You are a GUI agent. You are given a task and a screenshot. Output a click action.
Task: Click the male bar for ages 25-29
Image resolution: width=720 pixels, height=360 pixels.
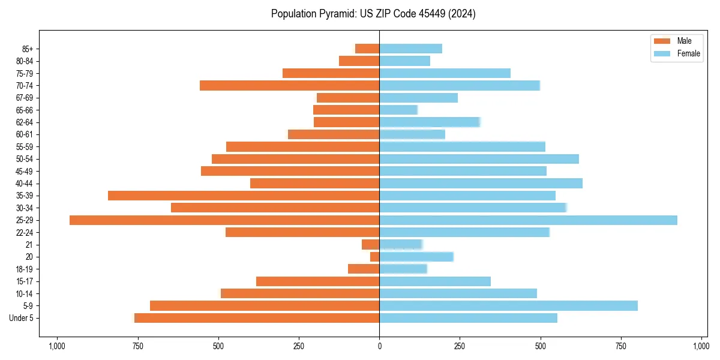(x=224, y=220)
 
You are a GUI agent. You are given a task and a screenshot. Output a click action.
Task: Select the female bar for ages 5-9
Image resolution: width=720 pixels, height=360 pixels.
(x=508, y=306)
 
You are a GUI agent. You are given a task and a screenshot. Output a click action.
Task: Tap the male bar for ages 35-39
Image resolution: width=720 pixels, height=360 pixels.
(x=244, y=196)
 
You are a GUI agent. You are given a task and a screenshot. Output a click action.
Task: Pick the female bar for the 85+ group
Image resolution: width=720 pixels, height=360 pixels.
(x=410, y=49)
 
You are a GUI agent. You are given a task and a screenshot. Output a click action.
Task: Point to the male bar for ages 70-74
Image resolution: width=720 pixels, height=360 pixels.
(x=289, y=86)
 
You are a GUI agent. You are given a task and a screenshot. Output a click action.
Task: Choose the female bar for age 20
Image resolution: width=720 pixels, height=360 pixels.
(x=416, y=257)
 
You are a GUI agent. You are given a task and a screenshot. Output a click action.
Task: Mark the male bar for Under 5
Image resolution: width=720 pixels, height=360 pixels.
(x=257, y=318)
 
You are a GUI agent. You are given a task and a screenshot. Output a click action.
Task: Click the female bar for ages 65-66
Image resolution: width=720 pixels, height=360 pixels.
(x=398, y=110)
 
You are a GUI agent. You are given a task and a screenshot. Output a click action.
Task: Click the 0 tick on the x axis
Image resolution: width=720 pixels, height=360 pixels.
(x=379, y=346)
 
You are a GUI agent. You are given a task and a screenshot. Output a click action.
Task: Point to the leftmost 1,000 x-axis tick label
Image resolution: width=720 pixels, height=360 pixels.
(x=57, y=346)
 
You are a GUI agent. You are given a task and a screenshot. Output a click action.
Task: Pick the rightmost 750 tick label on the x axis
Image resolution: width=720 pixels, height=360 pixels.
(x=621, y=346)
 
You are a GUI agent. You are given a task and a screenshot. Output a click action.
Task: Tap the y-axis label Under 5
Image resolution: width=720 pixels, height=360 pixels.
(x=22, y=318)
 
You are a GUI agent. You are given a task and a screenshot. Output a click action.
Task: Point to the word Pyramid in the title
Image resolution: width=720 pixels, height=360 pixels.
(x=336, y=14)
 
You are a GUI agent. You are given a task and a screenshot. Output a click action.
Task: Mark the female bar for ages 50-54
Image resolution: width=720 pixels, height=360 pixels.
(x=479, y=159)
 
